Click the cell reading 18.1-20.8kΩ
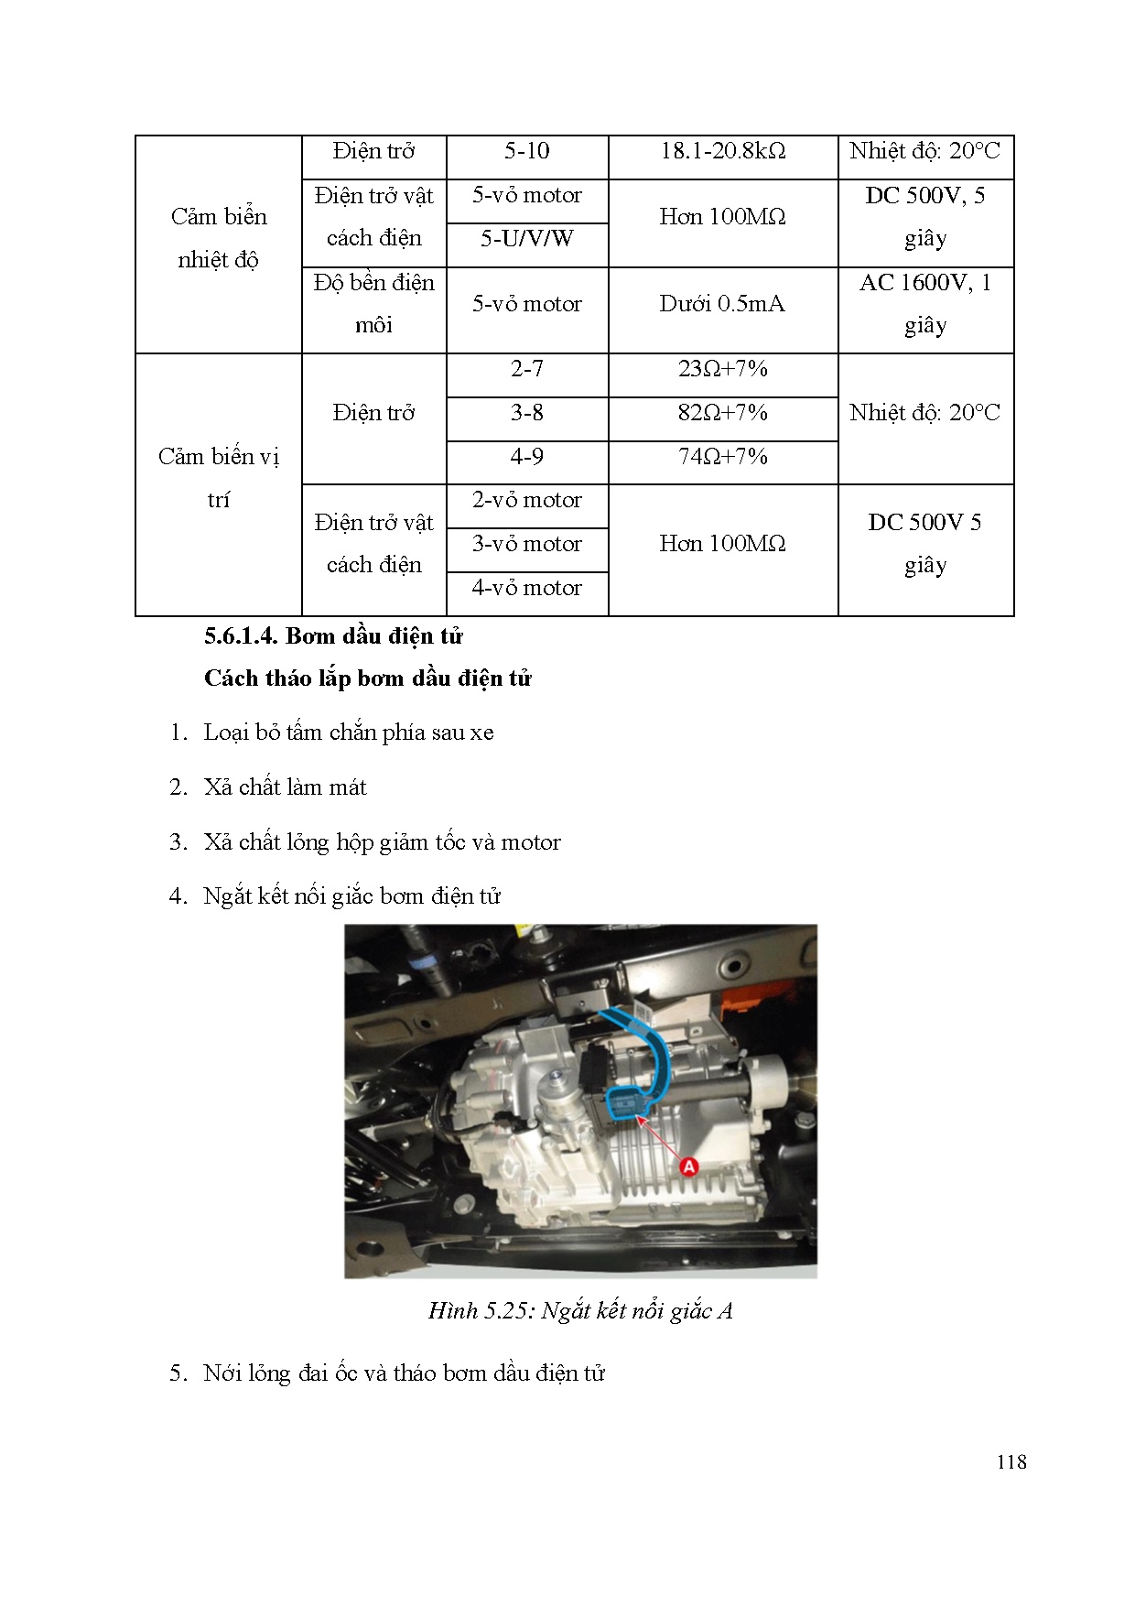(x=722, y=151)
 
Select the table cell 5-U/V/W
(x=526, y=239)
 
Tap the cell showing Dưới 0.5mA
(x=722, y=304)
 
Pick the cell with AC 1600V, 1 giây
(x=924, y=304)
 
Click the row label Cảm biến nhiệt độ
(x=219, y=238)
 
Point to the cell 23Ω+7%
(x=722, y=369)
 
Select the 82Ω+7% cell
(x=722, y=413)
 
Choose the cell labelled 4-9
(x=526, y=457)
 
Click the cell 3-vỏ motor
(x=526, y=544)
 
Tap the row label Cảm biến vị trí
(x=219, y=478)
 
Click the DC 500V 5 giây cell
(x=924, y=544)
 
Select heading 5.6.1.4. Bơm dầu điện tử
(x=333, y=636)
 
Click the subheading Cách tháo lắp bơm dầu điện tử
(x=367, y=678)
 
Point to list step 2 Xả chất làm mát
(x=285, y=787)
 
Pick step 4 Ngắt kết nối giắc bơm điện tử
(x=351, y=896)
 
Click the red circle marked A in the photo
(x=689, y=1167)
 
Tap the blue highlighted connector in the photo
(x=626, y=1103)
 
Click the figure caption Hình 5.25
(x=580, y=1311)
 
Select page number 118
(x=1011, y=1462)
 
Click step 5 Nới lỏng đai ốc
(x=404, y=1373)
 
